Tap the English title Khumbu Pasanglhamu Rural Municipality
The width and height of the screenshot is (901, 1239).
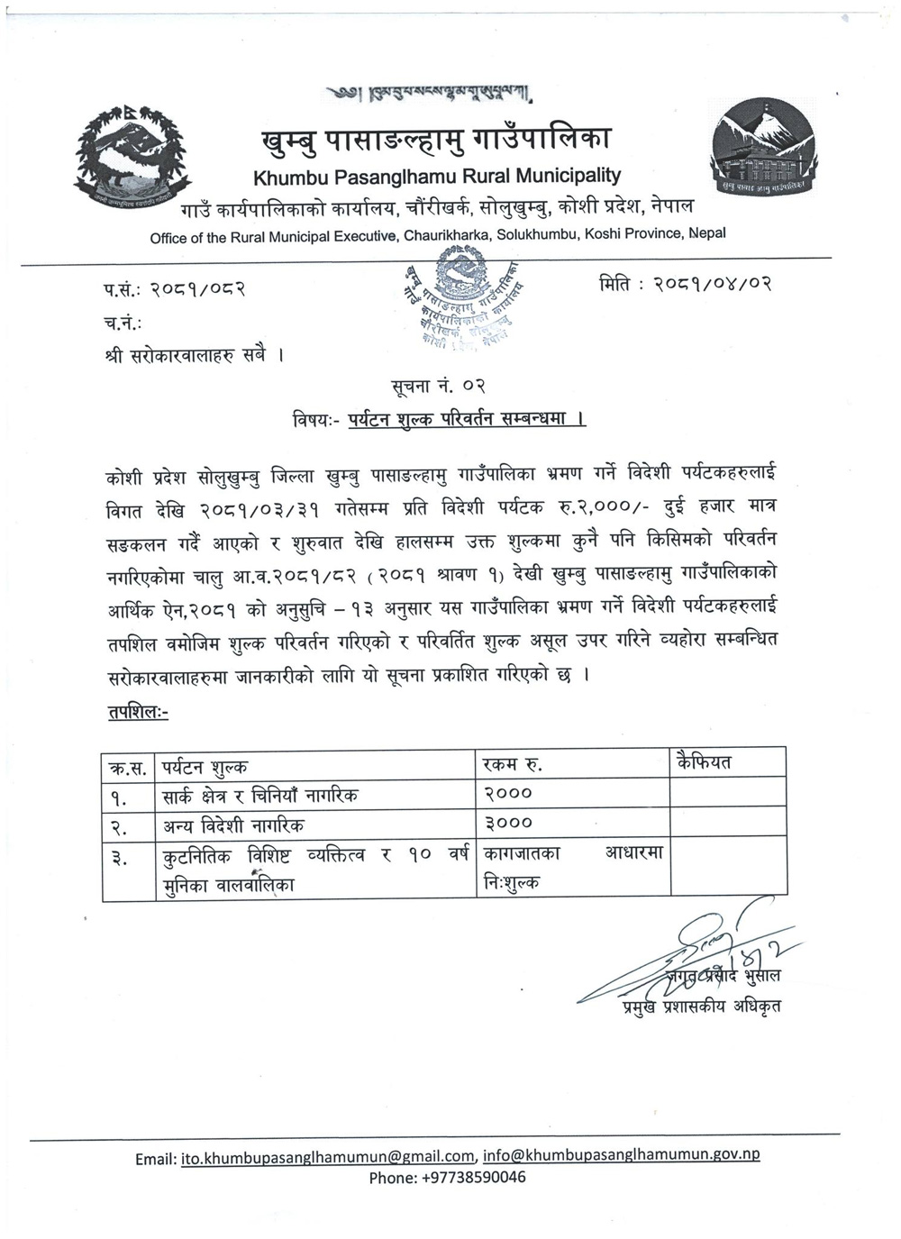pos(437,176)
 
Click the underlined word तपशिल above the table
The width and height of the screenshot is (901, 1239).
pos(136,712)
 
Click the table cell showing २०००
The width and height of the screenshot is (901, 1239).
pos(508,794)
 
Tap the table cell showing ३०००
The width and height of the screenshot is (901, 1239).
pos(508,823)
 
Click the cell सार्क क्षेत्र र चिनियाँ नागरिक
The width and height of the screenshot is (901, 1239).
pos(261,795)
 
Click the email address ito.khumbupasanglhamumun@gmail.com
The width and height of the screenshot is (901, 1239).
pos(328,1157)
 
